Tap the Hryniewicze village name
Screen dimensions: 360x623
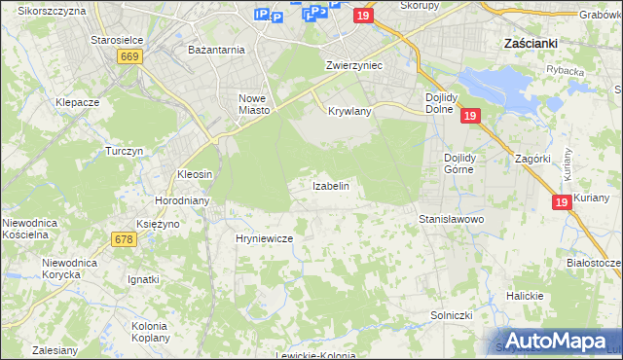click(x=264, y=237)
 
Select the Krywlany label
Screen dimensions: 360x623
click(x=349, y=111)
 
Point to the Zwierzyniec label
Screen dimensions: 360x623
click(x=353, y=65)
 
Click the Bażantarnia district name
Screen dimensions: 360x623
click(x=217, y=49)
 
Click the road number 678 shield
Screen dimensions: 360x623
click(x=123, y=239)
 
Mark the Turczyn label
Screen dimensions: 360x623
click(x=125, y=151)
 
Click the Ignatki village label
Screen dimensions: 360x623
click(x=143, y=279)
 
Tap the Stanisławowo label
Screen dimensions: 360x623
click(x=451, y=220)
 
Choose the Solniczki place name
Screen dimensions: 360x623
click(x=451, y=316)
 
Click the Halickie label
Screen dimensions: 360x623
click(x=525, y=295)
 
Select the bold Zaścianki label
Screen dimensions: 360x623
click(x=530, y=44)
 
